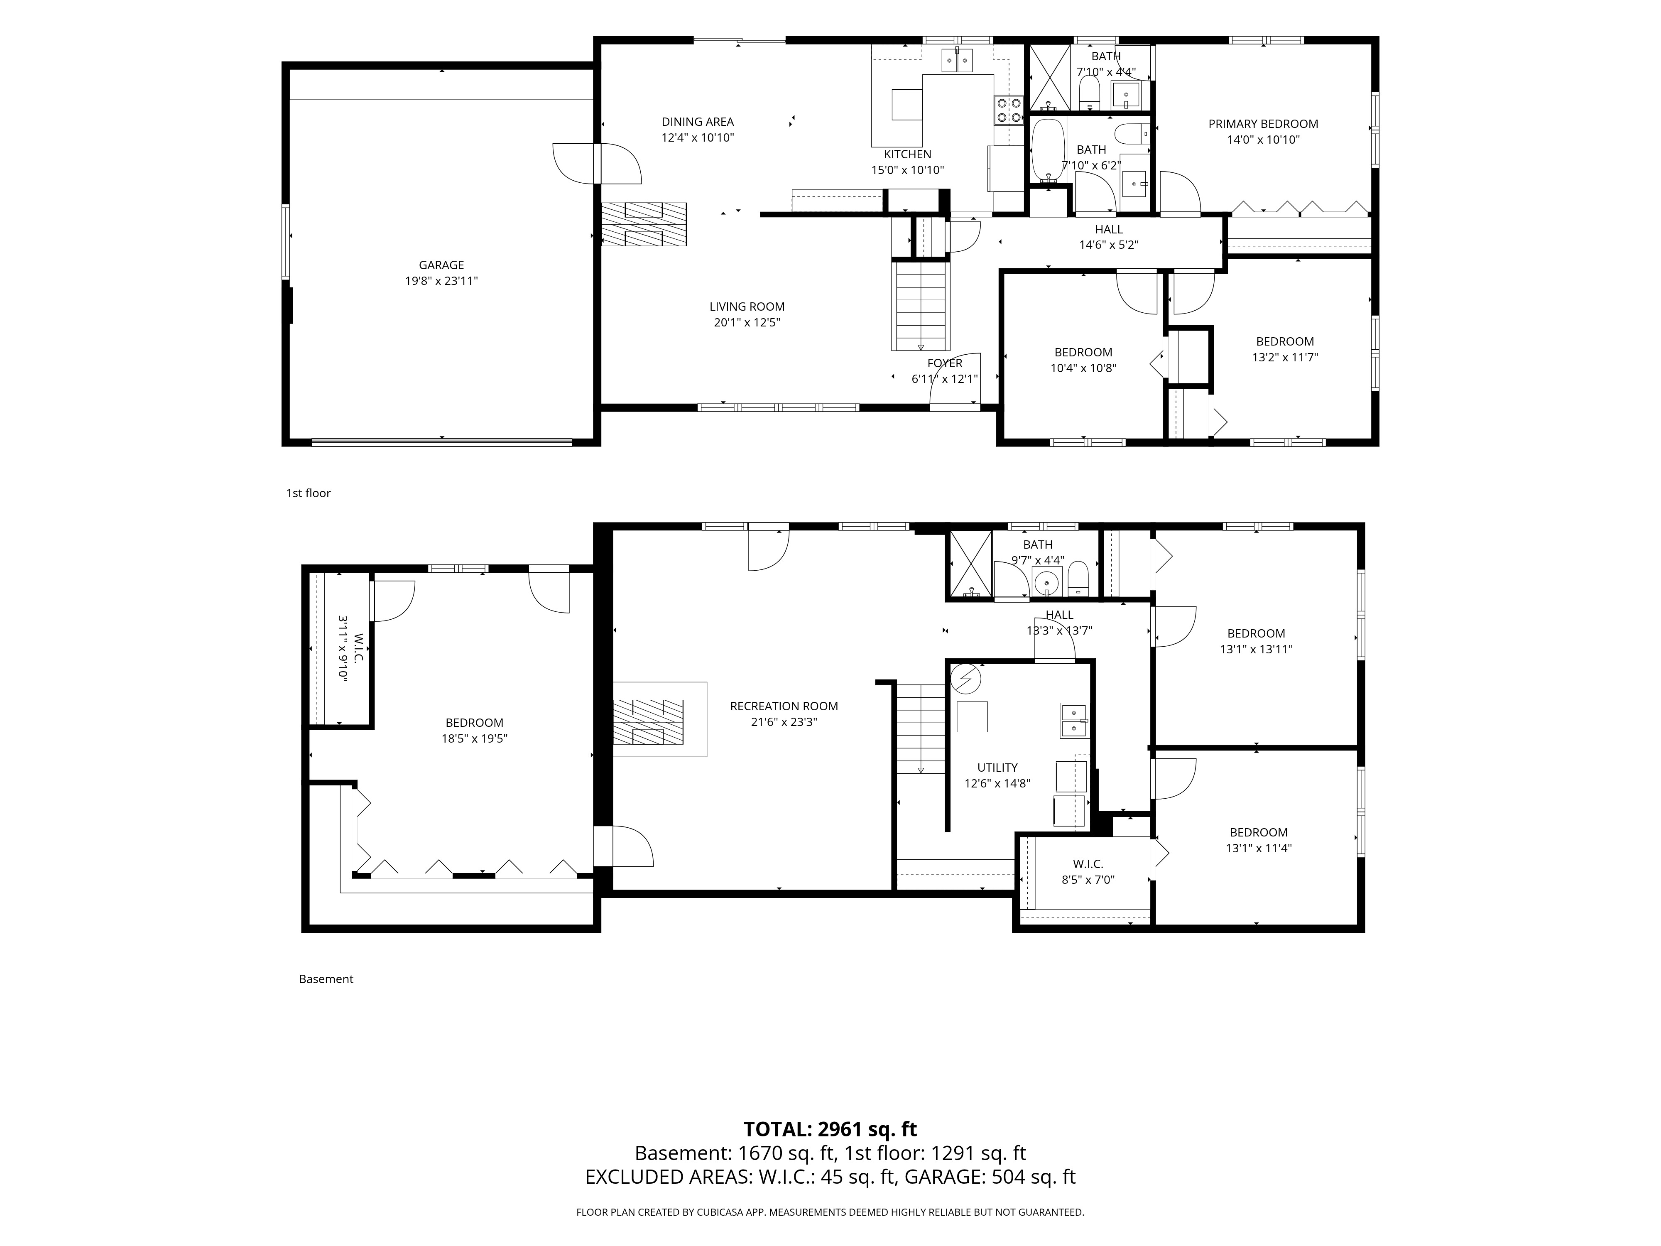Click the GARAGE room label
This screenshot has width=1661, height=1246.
coord(441,265)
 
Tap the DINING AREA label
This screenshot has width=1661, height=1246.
coord(698,122)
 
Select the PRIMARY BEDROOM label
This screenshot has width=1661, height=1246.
coord(1263,124)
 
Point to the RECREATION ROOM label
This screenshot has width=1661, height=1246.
coord(784,706)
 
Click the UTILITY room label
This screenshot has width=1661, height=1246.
coord(997,768)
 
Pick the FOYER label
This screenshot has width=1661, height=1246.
coord(945,363)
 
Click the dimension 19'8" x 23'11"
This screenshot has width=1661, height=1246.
coord(441,281)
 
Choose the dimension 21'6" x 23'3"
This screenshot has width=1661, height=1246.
coord(784,722)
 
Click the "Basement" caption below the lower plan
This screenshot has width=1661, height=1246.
coord(326,979)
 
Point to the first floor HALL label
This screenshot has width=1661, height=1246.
coord(1109,230)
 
